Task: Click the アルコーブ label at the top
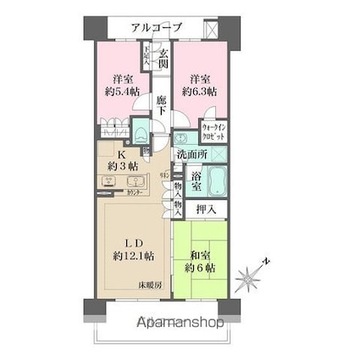point(156,27)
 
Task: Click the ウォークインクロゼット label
point(212,132)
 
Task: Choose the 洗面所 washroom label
point(191,154)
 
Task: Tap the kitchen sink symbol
point(110,180)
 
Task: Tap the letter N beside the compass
point(264,261)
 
